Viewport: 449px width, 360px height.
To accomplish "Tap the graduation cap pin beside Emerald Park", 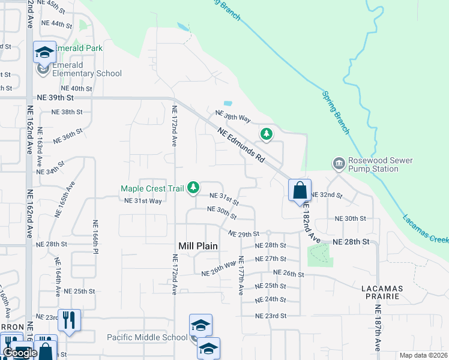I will coord(44,53).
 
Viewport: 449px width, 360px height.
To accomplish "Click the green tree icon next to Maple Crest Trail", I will coord(193,188).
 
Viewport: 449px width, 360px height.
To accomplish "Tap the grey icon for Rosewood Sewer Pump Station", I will coord(339,163).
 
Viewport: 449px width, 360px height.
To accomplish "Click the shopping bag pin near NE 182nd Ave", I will coord(300,191).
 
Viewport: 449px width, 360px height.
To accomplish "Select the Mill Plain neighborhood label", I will coord(198,246).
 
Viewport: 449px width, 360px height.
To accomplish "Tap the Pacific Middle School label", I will coord(147,337).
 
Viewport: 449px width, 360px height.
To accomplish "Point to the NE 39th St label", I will coord(55,97).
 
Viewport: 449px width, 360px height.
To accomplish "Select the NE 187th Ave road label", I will coord(378,328).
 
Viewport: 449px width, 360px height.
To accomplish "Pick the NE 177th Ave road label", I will coord(241,276).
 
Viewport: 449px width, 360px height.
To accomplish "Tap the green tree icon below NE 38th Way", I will coord(266,133).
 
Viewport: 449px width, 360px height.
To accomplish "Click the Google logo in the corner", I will coord(20,353).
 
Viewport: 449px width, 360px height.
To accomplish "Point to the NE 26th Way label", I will coord(218,268).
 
